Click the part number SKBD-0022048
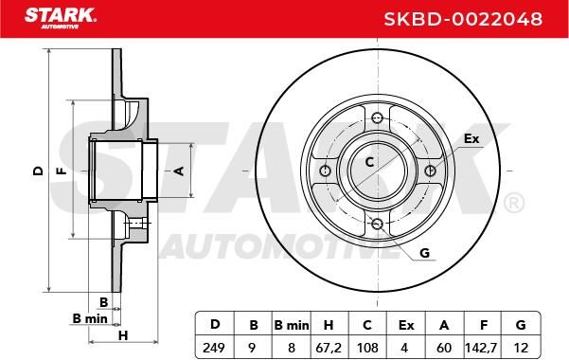[463, 19]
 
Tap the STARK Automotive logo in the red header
[61, 18]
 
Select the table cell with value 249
[214, 348]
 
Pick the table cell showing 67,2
[329, 348]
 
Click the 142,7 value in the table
[481, 348]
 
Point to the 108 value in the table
[367, 348]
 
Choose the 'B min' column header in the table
[292, 325]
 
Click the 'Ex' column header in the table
[406, 325]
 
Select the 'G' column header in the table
[521, 325]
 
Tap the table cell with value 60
[444, 348]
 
